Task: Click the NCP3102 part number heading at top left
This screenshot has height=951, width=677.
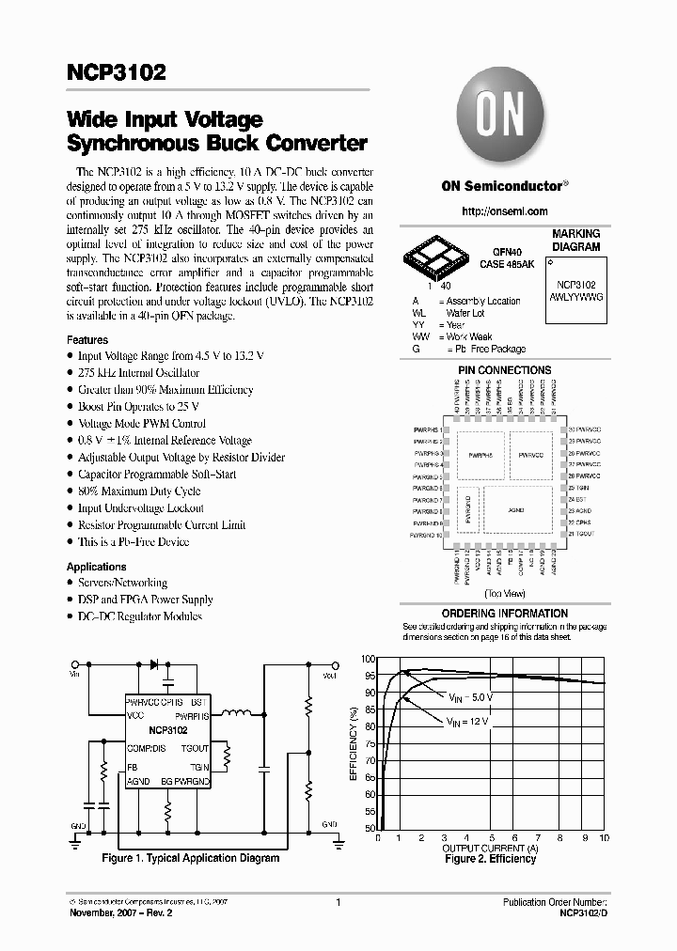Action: click(x=116, y=72)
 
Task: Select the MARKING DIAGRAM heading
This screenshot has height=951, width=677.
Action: click(x=575, y=241)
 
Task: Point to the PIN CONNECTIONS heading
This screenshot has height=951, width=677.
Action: click(x=504, y=370)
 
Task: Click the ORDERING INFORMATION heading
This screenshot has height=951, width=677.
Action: click(x=504, y=613)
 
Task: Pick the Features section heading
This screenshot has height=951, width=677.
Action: click(x=87, y=339)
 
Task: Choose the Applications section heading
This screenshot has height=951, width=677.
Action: click(x=96, y=567)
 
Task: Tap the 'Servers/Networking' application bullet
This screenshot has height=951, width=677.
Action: click(x=121, y=583)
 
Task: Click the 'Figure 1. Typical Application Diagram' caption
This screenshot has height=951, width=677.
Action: click(x=191, y=858)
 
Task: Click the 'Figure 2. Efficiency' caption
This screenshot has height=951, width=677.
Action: click(x=489, y=859)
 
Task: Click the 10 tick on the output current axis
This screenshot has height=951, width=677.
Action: click(x=603, y=837)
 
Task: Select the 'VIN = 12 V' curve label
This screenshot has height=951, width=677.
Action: click(x=467, y=721)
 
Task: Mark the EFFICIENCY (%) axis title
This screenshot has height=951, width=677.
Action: click(x=354, y=744)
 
